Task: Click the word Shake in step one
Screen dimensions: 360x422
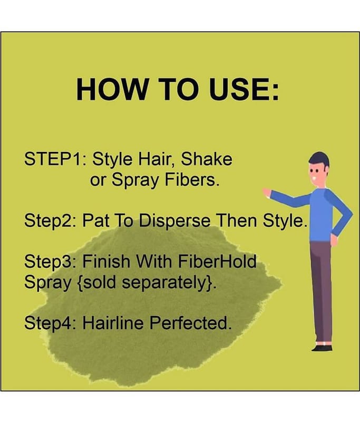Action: [x=206, y=159]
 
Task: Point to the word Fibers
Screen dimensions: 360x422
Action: [x=192, y=179]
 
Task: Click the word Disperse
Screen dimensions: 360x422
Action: [x=174, y=220]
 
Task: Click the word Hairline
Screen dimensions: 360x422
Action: [x=113, y=323]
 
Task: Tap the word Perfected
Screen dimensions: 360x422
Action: [x=190, y=323]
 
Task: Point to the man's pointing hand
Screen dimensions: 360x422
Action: [x=267, y=193]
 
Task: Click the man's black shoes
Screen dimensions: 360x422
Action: [x=322, y=348]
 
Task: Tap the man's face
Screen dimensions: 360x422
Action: [x=316, y=175]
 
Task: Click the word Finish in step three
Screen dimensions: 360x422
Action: [x=106, y=261]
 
